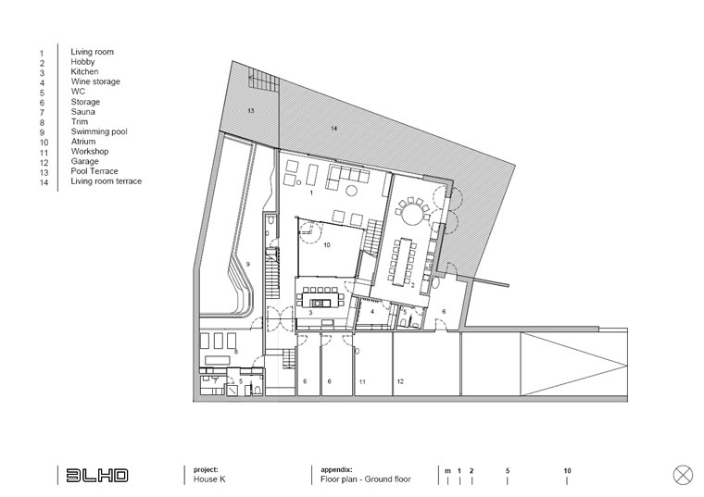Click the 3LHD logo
97,476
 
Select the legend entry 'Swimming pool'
99,131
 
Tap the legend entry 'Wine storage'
95,81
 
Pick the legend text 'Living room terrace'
106,181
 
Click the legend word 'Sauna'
82,112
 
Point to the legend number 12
44,163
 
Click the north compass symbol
683,475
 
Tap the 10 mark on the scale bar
567,471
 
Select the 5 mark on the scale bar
508,471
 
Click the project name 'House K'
209,479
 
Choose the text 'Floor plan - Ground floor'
366,479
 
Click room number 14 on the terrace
333,129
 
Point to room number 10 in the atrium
327,245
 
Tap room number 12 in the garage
400,381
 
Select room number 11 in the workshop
362,382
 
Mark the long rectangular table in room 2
404,262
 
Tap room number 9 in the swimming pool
248,264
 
